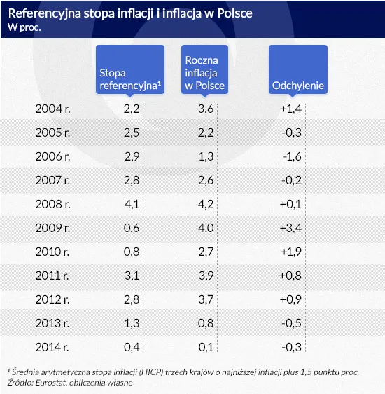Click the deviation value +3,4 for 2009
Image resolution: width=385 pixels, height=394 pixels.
tap(290, 227)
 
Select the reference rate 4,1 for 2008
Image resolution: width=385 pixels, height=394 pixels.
tap(132, 203)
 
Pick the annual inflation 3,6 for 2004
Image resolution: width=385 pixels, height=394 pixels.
tap(205, 109)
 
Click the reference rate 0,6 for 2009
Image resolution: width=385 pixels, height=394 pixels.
tap(132, 227)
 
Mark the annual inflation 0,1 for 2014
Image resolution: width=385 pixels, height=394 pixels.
tap(205, 346)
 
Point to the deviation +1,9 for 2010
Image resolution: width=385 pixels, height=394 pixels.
tap(290, 251)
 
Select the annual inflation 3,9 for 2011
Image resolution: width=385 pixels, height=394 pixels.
tap(205, 275)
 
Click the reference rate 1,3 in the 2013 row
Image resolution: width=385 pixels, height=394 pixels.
tap(132, 322)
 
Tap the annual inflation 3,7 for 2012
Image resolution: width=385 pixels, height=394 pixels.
tap(205, 299)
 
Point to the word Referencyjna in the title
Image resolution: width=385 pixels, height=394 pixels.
tap(46, 13)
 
